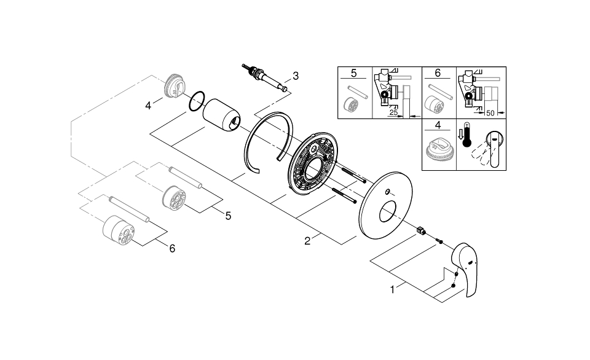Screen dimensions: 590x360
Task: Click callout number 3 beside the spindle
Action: (296, 76)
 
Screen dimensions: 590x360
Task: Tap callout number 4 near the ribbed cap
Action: (148, 106)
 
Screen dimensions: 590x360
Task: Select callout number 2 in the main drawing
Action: (307, 241)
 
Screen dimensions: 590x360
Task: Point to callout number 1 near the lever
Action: (393, 289)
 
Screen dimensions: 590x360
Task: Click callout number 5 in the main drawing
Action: (229, 216)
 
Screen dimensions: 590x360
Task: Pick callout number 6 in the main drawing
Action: (172, 248)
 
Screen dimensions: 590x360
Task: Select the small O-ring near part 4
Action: (197, 101)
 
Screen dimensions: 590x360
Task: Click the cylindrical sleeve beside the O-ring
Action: (222, 115)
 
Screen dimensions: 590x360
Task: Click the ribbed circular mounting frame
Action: (313, 163)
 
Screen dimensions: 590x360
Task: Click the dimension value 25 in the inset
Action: (393, 112)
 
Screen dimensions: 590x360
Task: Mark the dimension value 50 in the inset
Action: (490, 113)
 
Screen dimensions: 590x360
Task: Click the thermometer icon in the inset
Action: (467, 135)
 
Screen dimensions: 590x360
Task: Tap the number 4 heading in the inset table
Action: (438, 125)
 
